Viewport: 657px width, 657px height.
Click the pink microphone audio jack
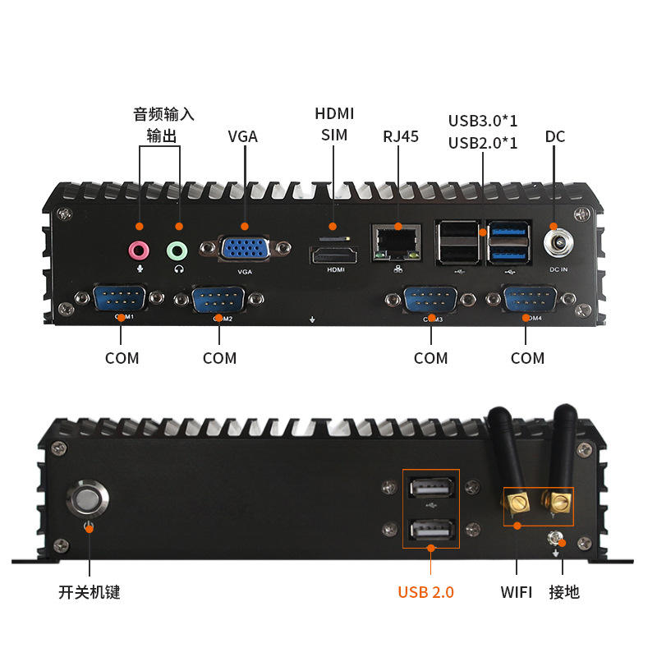139,249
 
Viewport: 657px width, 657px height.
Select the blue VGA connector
246,249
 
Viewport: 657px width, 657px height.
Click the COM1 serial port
121,298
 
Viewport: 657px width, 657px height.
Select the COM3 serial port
430,299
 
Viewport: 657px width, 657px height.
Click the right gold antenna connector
560,500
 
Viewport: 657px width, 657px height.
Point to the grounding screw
558,539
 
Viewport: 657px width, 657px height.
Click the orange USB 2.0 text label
425,592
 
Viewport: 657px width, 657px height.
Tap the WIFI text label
517,592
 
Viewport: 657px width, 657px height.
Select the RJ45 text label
401,136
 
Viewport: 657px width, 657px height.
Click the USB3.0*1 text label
483,121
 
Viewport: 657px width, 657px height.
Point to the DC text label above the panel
555,136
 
